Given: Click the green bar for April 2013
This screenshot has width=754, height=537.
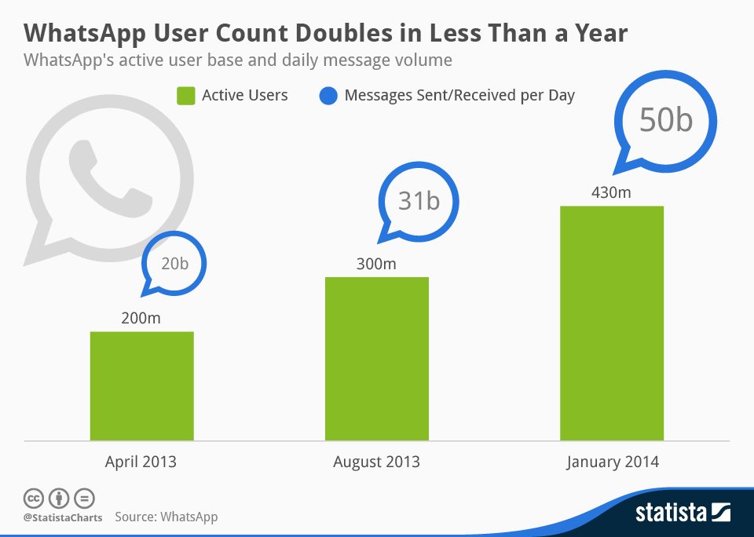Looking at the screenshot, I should coord(141,385).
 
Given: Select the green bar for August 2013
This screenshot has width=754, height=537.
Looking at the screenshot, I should coord(376,358).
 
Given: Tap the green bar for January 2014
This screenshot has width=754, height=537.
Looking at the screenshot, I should coord(611,323).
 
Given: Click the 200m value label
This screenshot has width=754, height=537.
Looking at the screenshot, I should coord(141,318).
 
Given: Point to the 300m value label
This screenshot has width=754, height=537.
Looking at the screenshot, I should coord(376,264).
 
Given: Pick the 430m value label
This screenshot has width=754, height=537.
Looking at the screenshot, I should coord(611,192).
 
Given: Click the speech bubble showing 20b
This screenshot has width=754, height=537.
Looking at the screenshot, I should coord(174,265).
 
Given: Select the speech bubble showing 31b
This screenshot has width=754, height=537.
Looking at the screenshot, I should coord(418,201).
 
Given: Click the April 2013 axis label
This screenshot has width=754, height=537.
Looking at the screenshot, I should coord(141,462).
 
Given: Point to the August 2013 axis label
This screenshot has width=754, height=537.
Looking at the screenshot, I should coord(376,462).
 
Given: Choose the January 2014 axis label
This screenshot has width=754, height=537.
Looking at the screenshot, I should coord(612,462).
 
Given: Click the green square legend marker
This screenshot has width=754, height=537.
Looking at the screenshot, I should coord(185,96).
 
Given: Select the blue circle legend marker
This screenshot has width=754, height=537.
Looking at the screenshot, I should coord(329,96).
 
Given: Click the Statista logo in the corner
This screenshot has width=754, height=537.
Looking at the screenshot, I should coord(683,513).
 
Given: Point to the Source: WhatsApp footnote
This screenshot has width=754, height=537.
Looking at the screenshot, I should coord(166,517).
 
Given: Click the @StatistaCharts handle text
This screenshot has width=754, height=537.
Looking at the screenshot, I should coord(60,517).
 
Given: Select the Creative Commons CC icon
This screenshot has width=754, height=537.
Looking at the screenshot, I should coord(33,498).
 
